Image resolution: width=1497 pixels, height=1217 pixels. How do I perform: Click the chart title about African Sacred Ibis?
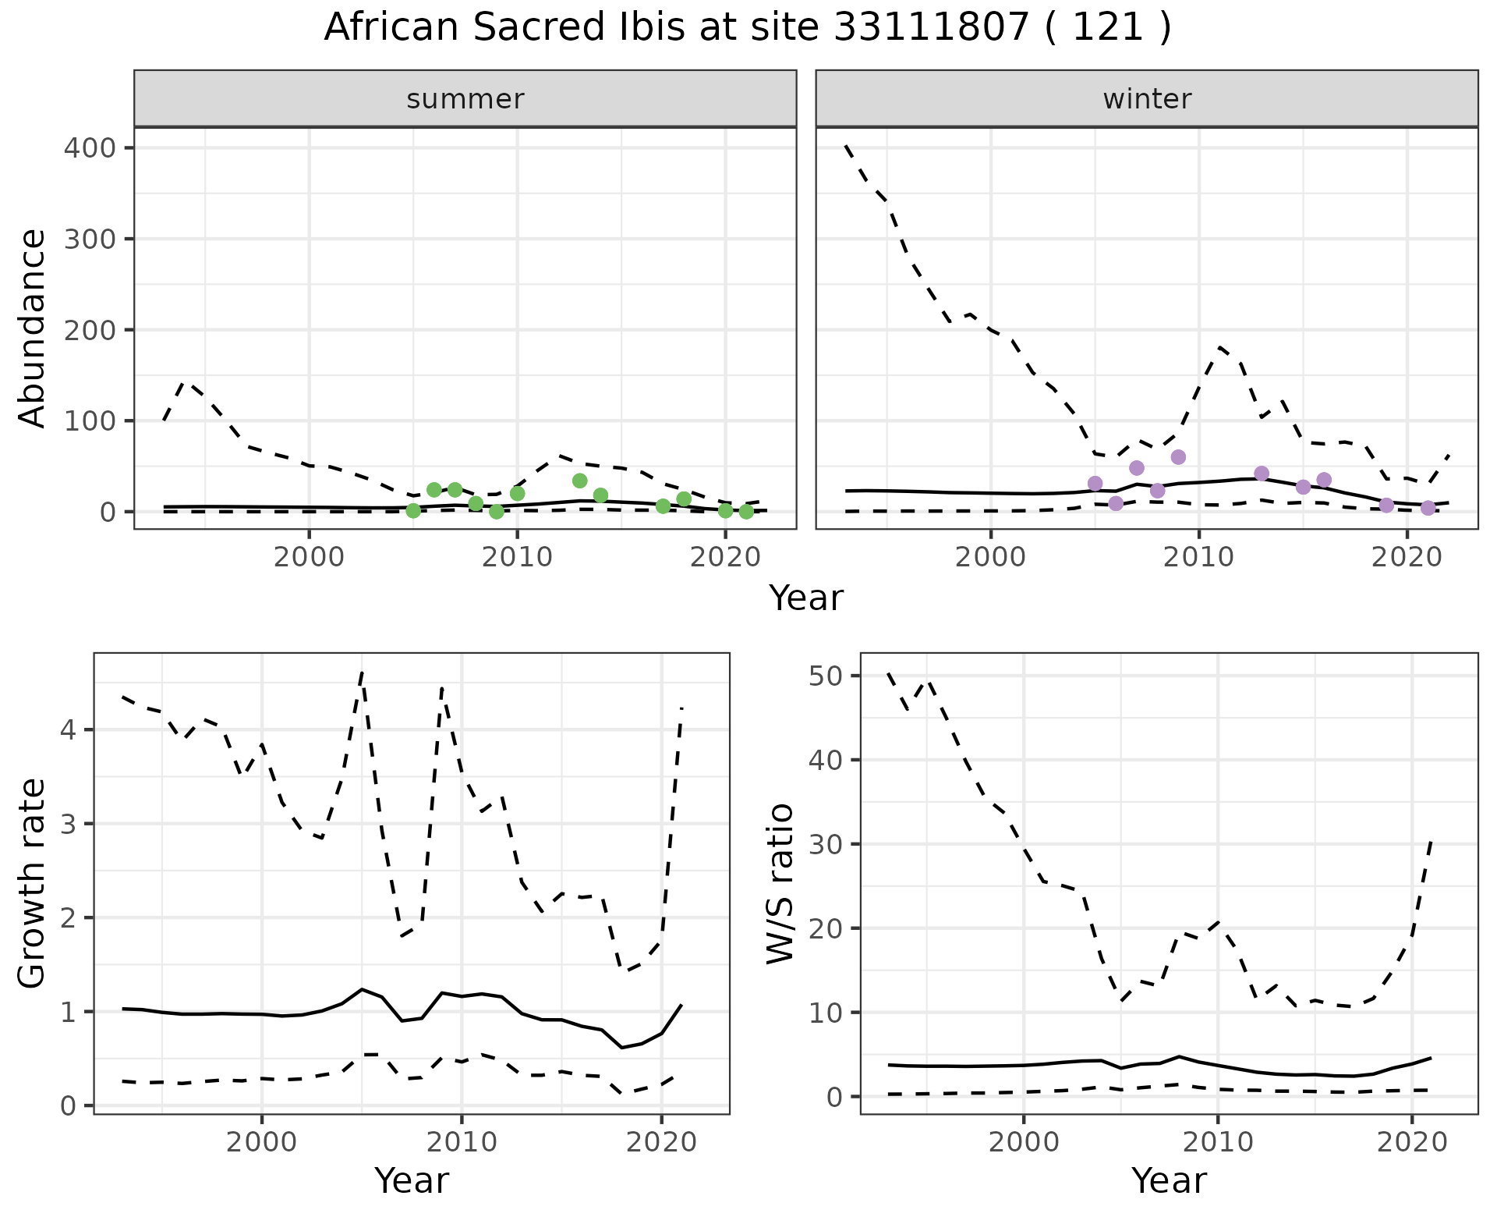pos(748,28)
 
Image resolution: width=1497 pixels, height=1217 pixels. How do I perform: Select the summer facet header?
pos(465,99)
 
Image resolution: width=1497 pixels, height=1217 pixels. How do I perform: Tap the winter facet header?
pos(1147,99)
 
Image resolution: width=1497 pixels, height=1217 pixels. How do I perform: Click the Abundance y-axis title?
pos(32,328)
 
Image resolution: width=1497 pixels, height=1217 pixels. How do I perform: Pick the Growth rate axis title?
pos(32,883)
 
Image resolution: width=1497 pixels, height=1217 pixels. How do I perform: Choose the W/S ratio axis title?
pos(780,883)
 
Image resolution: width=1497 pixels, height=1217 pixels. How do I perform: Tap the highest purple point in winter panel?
pos(1178,456)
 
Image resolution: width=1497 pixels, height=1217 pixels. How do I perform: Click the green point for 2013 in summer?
pos(579,481)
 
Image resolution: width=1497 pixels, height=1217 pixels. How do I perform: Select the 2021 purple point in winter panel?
pos(1428,508)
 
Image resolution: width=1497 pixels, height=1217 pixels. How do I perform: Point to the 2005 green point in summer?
pos(413,511)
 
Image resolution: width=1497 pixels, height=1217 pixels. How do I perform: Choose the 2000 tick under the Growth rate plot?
pos(262,1142)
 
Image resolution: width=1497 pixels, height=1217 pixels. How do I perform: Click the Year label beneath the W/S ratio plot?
pos(1169,1180)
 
